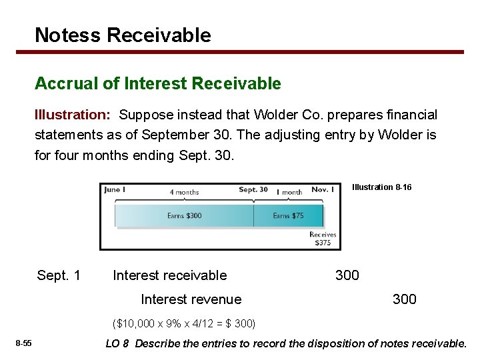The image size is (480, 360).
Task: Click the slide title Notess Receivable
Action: pos(123,35)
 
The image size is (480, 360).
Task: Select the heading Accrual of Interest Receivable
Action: pos(158,83)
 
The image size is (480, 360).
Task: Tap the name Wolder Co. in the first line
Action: pos(317,115)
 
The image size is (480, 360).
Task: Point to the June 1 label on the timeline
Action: pos(115,190)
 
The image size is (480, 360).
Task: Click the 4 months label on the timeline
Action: pos(184,192)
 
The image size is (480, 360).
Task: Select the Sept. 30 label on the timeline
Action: pos(253,190)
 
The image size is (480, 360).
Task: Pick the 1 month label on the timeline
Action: pos(289,192)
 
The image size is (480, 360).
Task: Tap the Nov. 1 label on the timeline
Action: pos(323,190)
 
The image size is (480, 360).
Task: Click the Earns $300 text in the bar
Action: pos(184,215)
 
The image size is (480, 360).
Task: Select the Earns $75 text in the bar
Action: pos(289,215)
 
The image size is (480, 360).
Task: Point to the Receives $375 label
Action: pos(323,239)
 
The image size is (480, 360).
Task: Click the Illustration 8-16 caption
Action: pos(381,187)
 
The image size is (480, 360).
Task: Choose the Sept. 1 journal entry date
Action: pos(59,275)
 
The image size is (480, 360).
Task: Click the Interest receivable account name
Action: pos(170,275)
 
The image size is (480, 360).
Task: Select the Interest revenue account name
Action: pos(191,299)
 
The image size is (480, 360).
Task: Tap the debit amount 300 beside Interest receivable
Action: pos(347,275)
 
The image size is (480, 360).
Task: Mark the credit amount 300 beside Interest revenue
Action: pos(404,299)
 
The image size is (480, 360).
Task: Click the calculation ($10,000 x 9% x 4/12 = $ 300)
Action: pos(185,324)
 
